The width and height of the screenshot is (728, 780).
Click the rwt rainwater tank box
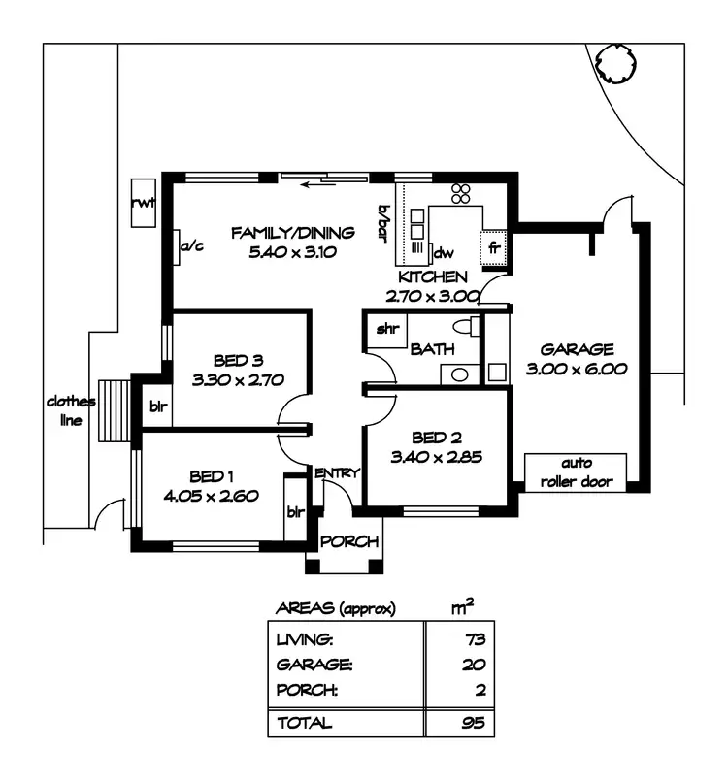point(144,203)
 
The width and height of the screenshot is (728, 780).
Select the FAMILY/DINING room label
point(292,233)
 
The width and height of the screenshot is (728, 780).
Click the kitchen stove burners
point(460,193)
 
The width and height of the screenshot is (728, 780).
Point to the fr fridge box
point(493,246)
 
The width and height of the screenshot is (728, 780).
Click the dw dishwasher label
point(444,253)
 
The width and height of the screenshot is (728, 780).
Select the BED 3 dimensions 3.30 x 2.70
point(238,381)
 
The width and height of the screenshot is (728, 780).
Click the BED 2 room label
point(436,438)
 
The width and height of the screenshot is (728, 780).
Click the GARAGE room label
point(578,349)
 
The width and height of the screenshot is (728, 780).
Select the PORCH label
point(349,542)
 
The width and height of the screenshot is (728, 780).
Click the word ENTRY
point(337,472)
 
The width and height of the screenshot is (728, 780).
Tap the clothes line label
point(70,410)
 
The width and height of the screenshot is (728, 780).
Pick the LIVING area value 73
point(473,639)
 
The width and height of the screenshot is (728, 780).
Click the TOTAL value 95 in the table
point(473,723)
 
